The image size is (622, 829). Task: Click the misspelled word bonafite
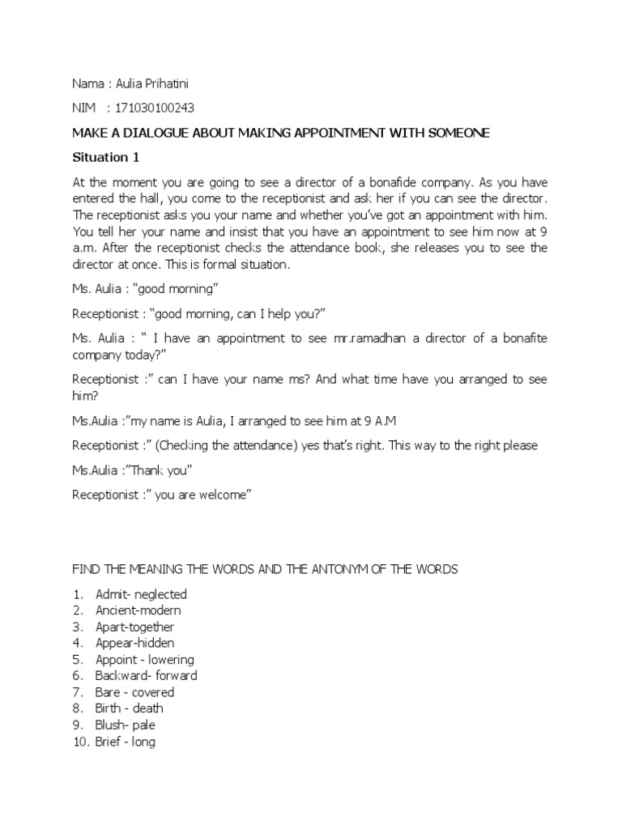(520, 338)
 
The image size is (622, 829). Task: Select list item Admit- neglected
(141, 594)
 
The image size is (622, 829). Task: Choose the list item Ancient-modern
(138, 610)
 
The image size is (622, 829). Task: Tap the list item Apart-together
(134, 627)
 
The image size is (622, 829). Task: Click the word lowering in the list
(172, 660)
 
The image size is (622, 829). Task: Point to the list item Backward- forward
(146, 676)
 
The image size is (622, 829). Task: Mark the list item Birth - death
(130, 708)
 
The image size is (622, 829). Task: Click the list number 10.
(80, 742)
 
